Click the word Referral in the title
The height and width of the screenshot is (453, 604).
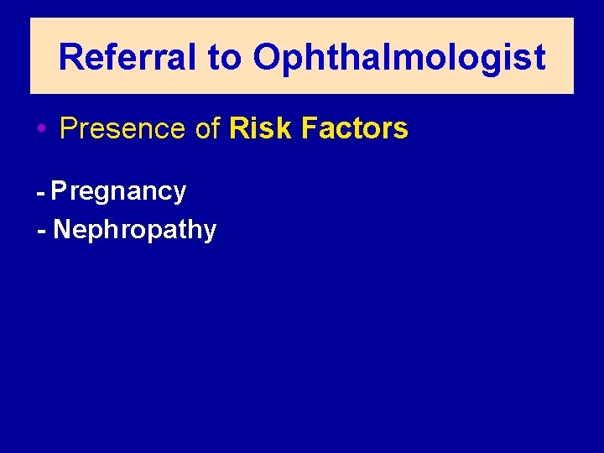coord(128,58)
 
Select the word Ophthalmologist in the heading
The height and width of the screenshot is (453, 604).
coord(399,58)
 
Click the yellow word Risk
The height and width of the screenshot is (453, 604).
coord(259,128)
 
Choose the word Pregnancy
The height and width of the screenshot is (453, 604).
coord(118,192)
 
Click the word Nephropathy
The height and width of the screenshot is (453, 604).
coord(134,230)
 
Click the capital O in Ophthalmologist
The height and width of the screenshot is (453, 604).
coord(266,58)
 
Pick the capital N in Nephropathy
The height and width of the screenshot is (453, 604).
coord(61,229)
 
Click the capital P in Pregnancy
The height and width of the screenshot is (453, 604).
coord(59,191)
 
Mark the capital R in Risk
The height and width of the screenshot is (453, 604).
coord(237,128)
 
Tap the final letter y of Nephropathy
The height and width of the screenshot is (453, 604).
coord(210,232)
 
